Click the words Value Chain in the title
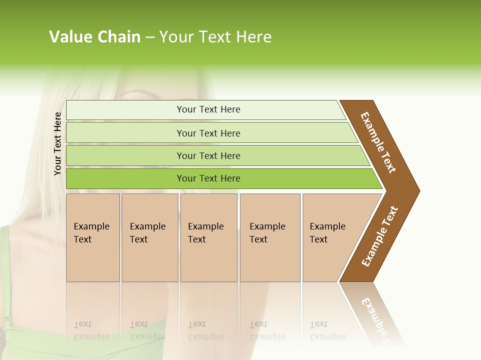(95, 37)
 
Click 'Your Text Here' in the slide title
(215, 37)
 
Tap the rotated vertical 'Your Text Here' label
(58, 143)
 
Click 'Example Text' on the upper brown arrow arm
(378, 142)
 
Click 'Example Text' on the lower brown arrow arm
(380, 236)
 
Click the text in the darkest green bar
(208, 178)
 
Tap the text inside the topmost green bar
(208, 109)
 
